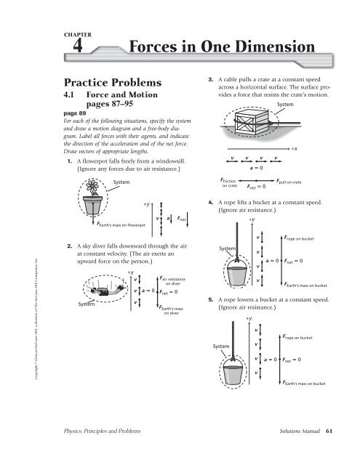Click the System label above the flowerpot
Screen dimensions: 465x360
122,181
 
